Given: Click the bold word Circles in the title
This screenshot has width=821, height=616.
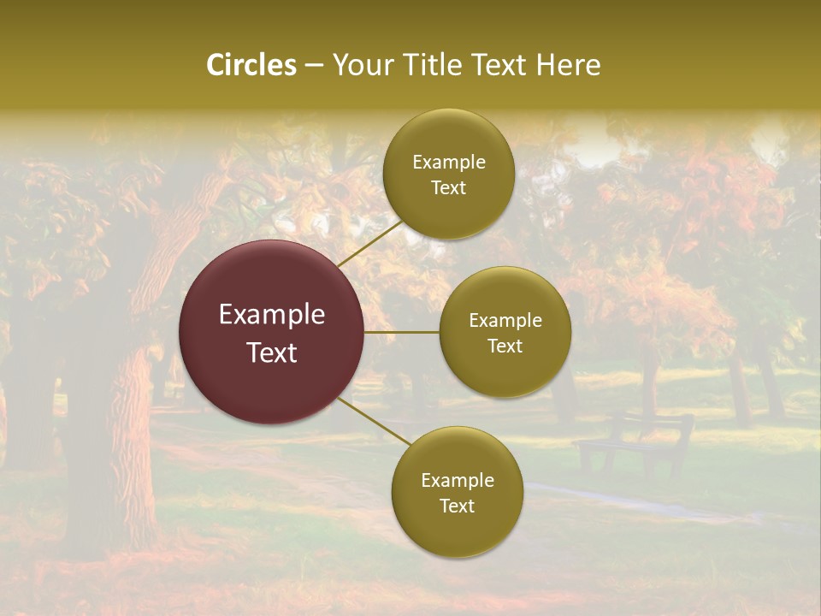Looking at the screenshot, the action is (251, 65).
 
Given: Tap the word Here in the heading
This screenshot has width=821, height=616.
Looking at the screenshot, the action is (567, 65).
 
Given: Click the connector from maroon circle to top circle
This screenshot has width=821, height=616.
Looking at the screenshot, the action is (369, 243).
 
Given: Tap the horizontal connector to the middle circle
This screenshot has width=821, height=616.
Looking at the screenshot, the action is (402, 332).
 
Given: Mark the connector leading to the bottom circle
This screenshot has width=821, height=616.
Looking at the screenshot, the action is (375, 422).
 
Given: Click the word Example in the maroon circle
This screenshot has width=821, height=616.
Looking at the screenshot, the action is (272, 315).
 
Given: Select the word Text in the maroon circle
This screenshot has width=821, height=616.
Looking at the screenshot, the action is (272, 352).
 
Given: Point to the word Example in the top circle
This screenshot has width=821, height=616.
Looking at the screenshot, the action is (448, 162).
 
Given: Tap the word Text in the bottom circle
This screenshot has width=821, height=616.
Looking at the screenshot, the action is (457, 506).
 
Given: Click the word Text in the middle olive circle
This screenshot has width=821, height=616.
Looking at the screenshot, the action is (505, 346).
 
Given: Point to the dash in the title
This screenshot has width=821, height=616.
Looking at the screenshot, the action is (314, 65).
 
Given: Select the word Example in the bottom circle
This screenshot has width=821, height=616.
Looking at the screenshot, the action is (457, 480).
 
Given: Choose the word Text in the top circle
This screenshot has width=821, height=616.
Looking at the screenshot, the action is (448, 187).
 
